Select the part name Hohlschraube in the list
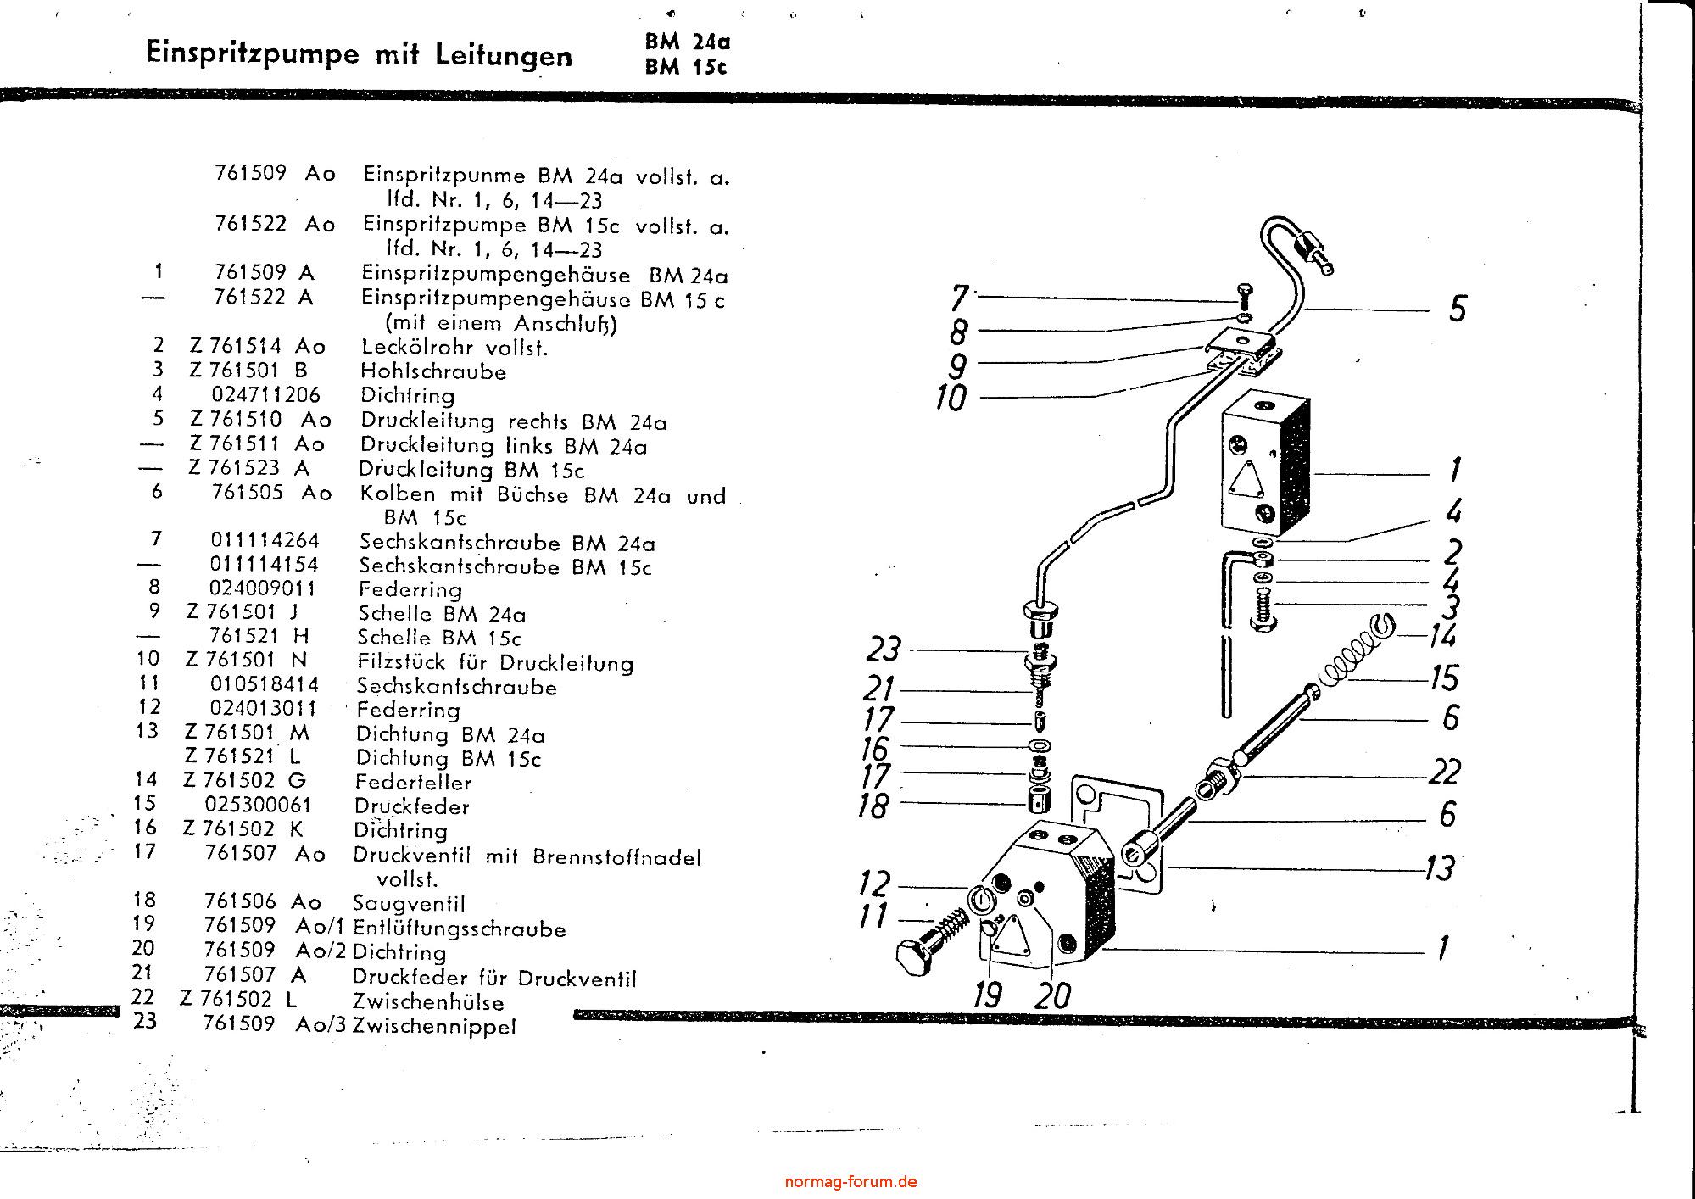coord(433,371)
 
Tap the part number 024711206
coord(265,395)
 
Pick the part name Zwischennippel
coord(434,1026)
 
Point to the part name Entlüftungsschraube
coord(459,929)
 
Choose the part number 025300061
coord(259,805)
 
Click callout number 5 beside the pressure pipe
coord(1457,309)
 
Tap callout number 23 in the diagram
coord(883,650)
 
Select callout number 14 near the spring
coord(1442,635)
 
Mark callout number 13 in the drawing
coord(1440,867)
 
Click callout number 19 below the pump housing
coord(988,994)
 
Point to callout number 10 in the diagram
coord(951,398)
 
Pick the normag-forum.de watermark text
coord(850,1181)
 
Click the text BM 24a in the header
coord(687,42)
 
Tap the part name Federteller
coord(413,782)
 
